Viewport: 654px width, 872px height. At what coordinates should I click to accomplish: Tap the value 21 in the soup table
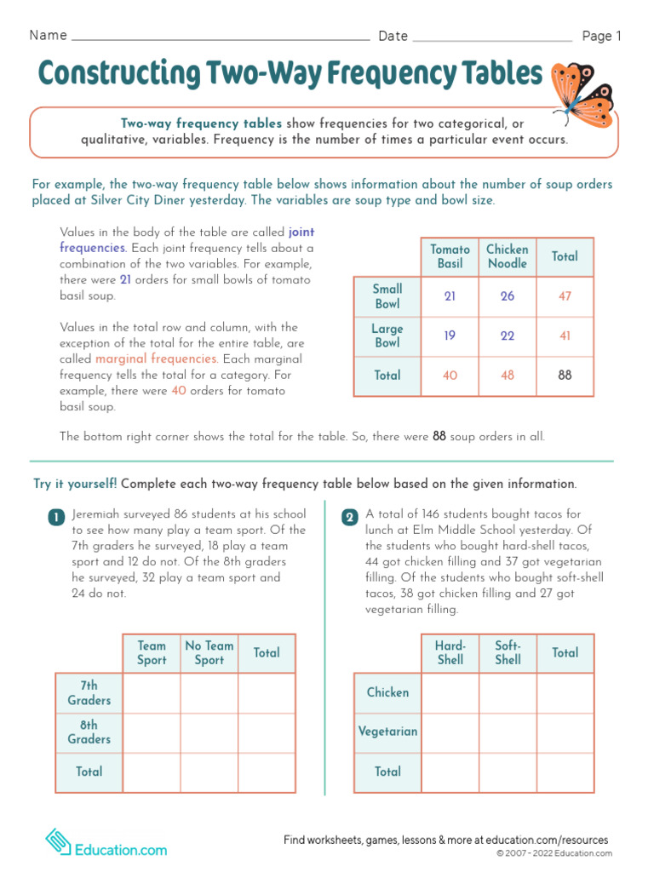[x=450, y=296]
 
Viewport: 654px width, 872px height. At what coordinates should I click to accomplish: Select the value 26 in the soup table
[x=508, y=296]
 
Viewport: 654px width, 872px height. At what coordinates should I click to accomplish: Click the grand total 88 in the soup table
[x=565, y=376]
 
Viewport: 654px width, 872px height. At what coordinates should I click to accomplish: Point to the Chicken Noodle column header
[x=508, y=256]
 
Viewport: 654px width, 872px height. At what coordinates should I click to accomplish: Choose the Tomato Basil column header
[x=450, y=256]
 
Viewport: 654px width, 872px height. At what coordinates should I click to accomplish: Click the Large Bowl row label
[x=387, y=336]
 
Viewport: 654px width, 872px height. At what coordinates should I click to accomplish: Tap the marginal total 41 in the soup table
[x=565, y=336]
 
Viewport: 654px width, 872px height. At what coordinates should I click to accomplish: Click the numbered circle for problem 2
[x=349, y=518]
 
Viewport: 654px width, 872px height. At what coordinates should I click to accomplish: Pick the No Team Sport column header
[x=209, y=653]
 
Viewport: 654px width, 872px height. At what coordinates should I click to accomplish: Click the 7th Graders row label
[x=89, y=693]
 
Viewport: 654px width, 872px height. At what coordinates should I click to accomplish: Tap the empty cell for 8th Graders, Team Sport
[x=152, y=732]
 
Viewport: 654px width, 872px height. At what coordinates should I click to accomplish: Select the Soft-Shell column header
[x=508, y=653]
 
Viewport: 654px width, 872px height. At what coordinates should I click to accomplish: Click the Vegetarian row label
[x=387, y=731]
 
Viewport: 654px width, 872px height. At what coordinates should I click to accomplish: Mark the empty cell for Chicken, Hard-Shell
[x=450, y=693]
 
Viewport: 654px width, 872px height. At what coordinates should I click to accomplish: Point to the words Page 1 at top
[x=602, y=36]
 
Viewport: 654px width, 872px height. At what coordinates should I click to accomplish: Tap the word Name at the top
[x=48, y=36]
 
